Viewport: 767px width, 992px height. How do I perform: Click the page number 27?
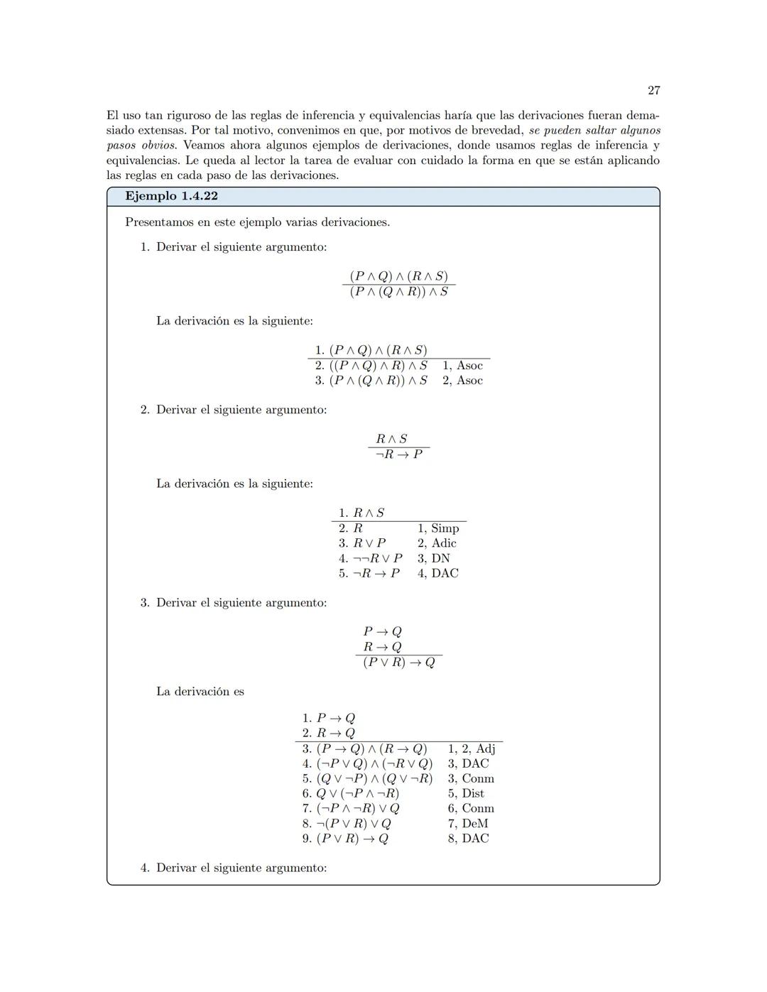[x=654, y=90]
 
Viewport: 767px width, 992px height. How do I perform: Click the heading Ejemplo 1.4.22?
[x=171, y=196]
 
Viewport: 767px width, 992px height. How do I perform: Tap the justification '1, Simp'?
[x=438, y=528]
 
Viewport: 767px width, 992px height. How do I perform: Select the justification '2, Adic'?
[x=437, y=543]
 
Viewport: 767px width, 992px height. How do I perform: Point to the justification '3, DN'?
[x=433, y=559]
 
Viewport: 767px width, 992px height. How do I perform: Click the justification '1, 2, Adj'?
[x=472, y=748]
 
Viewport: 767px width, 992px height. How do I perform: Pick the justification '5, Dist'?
[x=466, y=793]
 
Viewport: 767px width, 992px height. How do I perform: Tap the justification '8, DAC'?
[x=468, y=839]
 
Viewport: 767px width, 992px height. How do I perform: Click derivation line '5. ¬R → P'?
[x=369, y=574]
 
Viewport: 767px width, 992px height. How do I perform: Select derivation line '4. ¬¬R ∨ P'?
[x=371, y=559]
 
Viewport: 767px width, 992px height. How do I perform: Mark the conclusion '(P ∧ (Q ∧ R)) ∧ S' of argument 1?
[x=399, y=292]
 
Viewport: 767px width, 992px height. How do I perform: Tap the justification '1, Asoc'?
[x=462, y=366]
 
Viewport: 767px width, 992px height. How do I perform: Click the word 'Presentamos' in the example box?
[x=158, y=222]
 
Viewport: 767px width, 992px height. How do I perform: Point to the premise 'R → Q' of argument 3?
[x=382, y=647]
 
